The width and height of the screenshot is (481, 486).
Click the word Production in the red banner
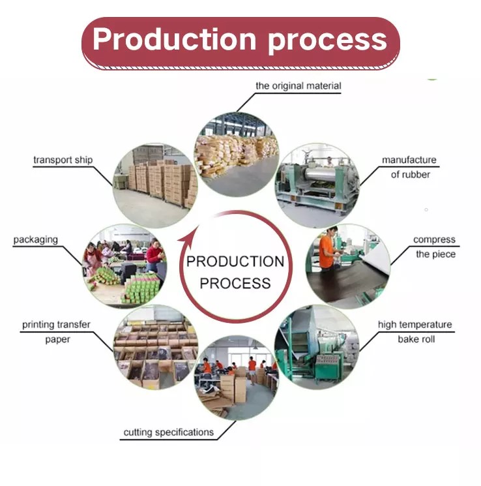pos(175,39)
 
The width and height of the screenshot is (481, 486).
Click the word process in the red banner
pos(327,42)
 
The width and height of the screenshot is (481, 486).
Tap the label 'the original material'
pos(299,86)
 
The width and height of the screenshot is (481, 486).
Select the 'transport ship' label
pos(63,160)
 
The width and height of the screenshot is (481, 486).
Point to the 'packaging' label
pos(36,239)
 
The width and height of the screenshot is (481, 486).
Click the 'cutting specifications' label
pos(169,432)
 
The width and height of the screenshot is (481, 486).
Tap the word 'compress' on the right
pos(434,239)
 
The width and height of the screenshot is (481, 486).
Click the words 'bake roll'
pos(416,339)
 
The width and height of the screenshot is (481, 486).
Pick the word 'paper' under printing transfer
pos(57,339)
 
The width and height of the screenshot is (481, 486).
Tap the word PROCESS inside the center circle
pos(235,283)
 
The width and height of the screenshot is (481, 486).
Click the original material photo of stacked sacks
pos(237,155)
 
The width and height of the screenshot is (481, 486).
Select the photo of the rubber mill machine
pos(317,186)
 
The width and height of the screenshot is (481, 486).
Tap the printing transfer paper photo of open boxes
pos(156,347)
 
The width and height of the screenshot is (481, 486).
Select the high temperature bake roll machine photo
pos(317,347)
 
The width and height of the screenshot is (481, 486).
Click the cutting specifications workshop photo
pos(237,378)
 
